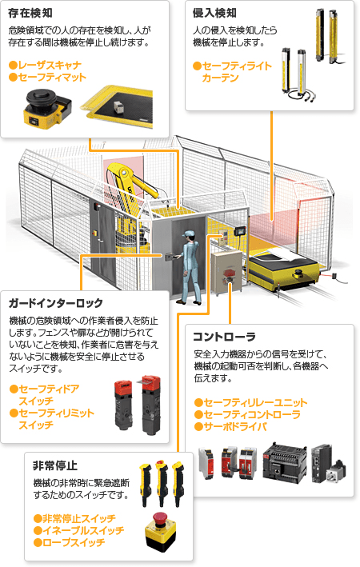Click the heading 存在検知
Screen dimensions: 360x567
pyautogui.click(x=30, y=14)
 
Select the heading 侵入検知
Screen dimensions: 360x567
pyautogui.click(x=215, y=14)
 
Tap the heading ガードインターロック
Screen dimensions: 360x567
pyautogui.click(x=56, y=303)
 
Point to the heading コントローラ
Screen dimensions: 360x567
pyautogui.click(x=224, y=337)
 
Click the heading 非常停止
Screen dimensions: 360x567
pyautogui.click(x=55, y=465)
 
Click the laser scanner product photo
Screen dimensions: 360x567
pyautogui.click(x=47, y=107)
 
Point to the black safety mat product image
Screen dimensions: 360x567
pyautogui.click(x=118, y=107)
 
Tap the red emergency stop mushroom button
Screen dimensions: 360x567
pyautogui.click(x=159, y=518)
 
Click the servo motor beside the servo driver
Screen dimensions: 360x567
pyautogui.click(x=337, y=473)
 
